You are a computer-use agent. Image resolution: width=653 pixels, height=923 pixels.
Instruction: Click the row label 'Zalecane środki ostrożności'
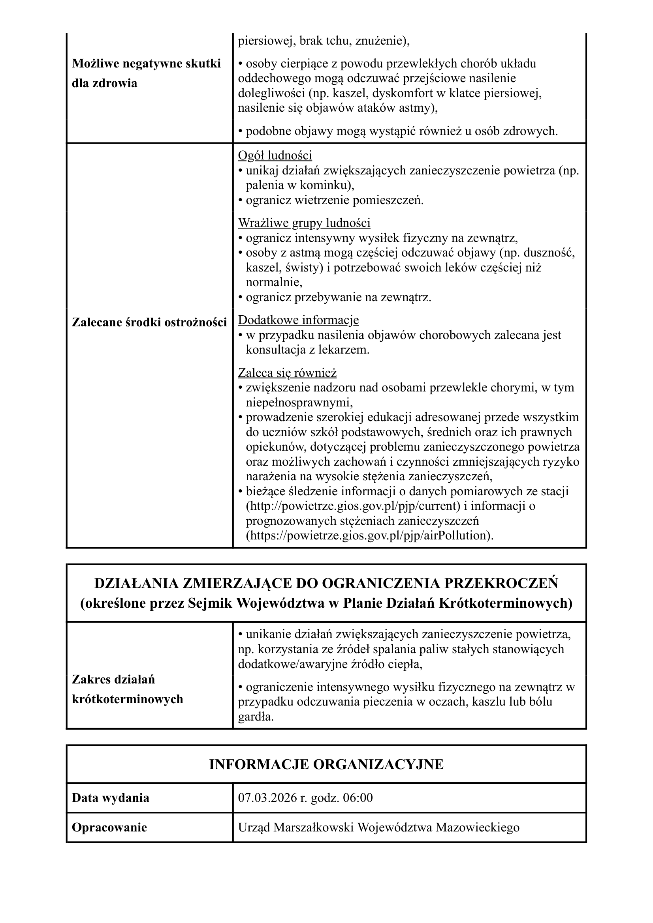click(149, 322)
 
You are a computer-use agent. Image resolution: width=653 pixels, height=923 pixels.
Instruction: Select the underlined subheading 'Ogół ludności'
click(275, 155)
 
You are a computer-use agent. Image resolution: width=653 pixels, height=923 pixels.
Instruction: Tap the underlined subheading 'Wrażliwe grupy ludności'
click(304, 223)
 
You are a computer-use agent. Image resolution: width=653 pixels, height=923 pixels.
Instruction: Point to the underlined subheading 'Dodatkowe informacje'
click(298, 320)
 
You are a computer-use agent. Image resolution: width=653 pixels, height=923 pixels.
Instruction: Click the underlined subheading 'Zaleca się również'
click(287, 373)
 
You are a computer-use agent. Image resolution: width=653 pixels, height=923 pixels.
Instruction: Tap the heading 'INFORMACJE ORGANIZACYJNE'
click(326, 765)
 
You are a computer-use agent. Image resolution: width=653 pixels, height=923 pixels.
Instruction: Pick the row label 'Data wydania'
click(110, 798)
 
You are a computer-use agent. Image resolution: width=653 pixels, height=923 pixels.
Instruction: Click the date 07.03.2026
click(267, 798)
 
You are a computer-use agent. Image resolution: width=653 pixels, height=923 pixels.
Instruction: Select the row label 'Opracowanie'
click(109, 828)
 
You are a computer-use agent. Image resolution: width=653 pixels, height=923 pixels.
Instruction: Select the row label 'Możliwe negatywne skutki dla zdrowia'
click(146, 73)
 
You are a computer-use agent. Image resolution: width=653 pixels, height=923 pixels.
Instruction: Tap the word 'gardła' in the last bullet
click(255, 717)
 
